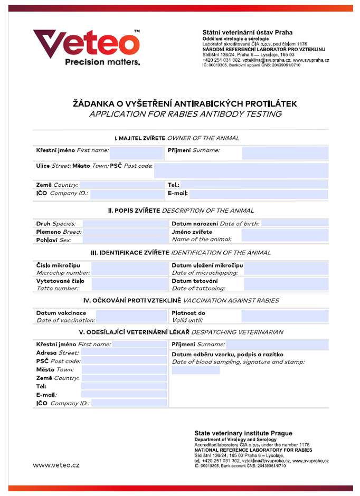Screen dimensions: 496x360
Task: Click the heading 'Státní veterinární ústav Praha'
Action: point(247,32)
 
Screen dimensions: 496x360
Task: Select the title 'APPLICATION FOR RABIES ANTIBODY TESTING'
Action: point(185,114)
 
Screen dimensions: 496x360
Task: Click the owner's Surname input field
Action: point(285,153)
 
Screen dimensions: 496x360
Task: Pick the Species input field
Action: point(124,224)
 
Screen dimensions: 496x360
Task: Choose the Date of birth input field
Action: point(295,224)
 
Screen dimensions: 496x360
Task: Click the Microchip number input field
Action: point(129,269)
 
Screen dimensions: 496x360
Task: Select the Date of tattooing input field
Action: point(286,285)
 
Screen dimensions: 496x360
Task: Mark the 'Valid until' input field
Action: point(285,317)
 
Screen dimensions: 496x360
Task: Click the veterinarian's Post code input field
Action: point(124,361)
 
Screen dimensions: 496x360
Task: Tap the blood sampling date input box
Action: point(195,370)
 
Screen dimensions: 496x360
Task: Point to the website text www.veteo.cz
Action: point(56,465)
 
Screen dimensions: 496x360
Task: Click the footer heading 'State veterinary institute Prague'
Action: point(243,433)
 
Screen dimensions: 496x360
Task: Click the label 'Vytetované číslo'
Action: point(60,281)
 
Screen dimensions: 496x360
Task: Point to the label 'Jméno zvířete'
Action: point(192,232)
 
